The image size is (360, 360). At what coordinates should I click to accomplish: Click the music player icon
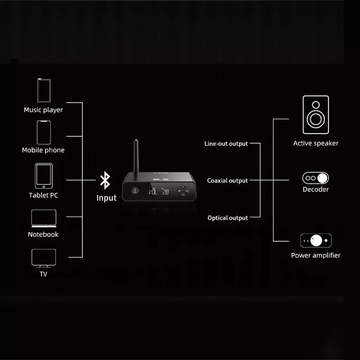click(44, 91)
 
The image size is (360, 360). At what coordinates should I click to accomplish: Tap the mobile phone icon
click(44, 132)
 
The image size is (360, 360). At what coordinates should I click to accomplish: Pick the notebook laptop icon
click(44, 218)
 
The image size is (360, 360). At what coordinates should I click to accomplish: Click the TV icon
click(44, 258)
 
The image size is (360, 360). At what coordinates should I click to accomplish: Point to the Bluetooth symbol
click(105, 180)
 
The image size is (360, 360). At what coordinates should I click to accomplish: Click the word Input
click(107, 198)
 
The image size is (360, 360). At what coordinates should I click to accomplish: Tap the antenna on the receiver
click(134, 156)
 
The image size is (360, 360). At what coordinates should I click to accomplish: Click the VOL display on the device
click(153, 191)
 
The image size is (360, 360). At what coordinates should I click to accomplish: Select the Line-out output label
click(226, 144)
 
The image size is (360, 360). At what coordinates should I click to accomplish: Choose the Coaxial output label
click(227, 180)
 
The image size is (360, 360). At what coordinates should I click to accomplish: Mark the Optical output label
click(227, 218)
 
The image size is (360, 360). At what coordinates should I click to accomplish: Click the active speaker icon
click(315, 115)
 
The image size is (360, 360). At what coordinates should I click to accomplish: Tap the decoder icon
click(315, 177)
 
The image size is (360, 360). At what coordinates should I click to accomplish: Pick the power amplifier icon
click(315, 240)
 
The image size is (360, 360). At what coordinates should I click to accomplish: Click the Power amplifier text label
click(315, 255)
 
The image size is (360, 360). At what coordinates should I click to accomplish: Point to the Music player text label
click(44, 110)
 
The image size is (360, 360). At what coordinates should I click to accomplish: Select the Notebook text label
click(43, 234)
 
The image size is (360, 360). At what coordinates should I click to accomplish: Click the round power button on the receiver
click(134, 191)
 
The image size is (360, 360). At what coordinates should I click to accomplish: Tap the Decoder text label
click(315, 189)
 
